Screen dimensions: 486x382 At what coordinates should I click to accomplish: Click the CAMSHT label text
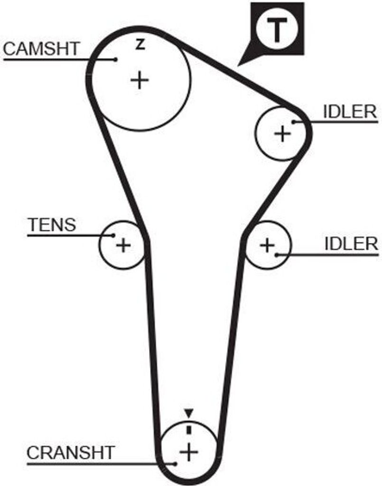[x=42, y=48]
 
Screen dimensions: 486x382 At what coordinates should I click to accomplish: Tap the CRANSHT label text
[x=70, y=452]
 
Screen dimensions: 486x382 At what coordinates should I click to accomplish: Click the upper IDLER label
[x=350, y=112]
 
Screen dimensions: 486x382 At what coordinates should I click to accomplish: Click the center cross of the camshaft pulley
[x=140, y=80]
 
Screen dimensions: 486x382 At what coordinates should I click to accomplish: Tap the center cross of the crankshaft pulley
[x=189, y=452]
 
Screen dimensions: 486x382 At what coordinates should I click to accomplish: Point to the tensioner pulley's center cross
[x=123, y=245]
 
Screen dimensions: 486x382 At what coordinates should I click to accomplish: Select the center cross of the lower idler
[x=268, y=245]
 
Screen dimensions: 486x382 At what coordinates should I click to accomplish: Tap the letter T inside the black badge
[x=277, y=29]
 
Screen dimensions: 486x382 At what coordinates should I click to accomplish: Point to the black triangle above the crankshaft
[x=189, y=412]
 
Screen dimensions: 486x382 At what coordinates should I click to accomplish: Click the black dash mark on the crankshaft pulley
[x=189, y=430]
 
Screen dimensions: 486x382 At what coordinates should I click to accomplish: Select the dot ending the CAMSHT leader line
[x=116, y=59]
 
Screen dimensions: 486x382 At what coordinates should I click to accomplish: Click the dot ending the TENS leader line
[x=113, y=235]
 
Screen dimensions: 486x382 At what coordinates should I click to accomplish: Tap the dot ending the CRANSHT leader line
[x=177, y=463]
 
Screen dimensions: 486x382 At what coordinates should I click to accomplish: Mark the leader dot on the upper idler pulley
[x=294, y=122]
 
